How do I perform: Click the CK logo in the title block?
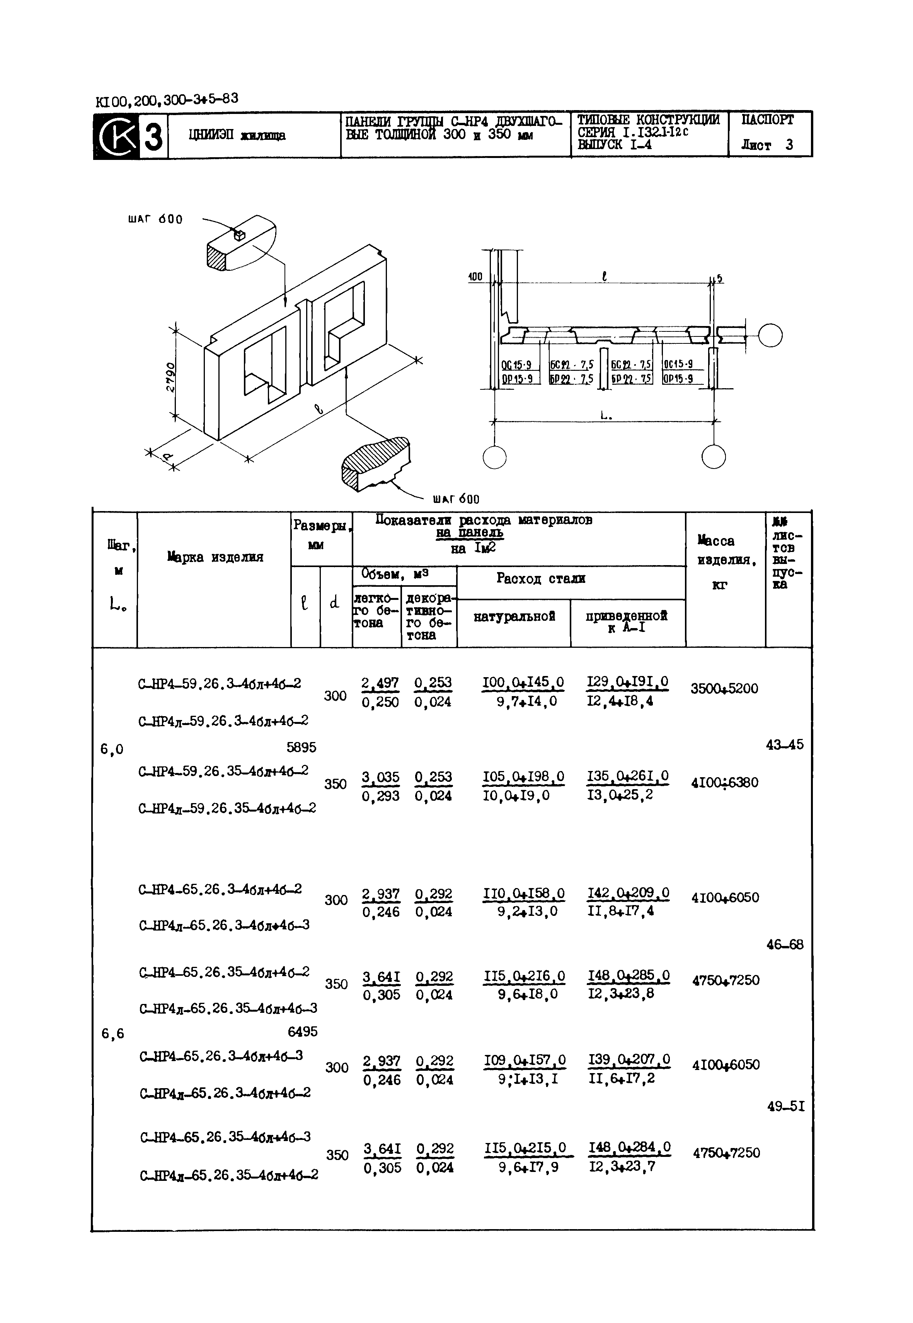tap(117, 136)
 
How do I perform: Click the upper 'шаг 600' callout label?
tap(156, 219)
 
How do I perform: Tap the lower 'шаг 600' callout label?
tap(456, 499)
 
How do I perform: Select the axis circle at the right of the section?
tap(770, 336)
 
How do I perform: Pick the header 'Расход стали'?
tap(541, 579)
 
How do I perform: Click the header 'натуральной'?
tap(514, 616)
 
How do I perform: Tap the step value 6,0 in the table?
tap(112, 749)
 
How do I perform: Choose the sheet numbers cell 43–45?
tap(784, 744)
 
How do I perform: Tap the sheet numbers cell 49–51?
tap(785, 1106)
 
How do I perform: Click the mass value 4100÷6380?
tap(724, 782)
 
